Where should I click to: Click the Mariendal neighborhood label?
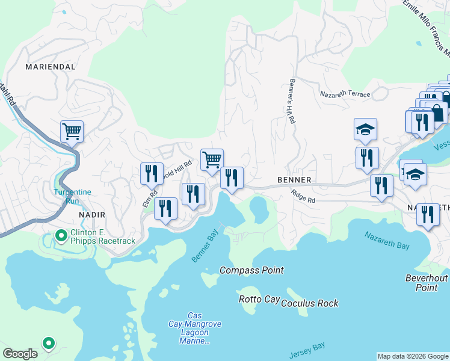pyautogui.click(x=51, y=67)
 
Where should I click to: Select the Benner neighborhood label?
pyautogui.click(x=294, y=180)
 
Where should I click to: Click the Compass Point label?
pyautogui.click(x=251, y=271)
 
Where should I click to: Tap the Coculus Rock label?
pyautogui.click(x=310, y=303)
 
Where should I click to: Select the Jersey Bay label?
pyautogui.click(x=307, y=349)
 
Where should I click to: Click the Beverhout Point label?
pyautogui.click(x=427, y=283)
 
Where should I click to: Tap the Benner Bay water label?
pyautogui.click(x=205, y=247)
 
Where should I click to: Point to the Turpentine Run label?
pyautogui.click(x=72, y=196)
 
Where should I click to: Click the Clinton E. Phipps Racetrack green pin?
pyautogui.click(x=61, y=235)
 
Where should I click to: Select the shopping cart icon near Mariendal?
pyautogui.click(x=72, y=131)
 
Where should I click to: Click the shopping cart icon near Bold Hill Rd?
pyautogui.click(x=212, y=159)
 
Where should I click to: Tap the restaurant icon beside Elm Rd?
pyautogui.click(x=152, y=174)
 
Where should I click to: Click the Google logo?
pyautogui.click(x=20, y=354)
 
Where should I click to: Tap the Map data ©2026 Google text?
pyautogui.click(x=412, y=356)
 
